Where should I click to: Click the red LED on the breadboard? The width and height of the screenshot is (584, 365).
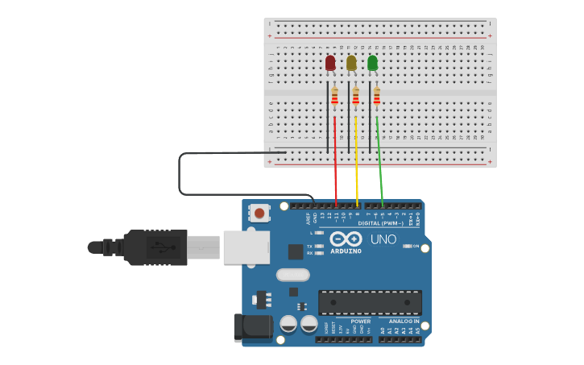[x=330, y=63]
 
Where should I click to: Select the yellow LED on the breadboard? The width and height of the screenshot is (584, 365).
[x=351, y=63]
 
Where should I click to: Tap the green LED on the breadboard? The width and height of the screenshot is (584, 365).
[x=372, y=63]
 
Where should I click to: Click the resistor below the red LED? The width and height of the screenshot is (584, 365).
[x=335, y=97]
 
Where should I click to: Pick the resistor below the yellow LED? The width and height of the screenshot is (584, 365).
[x=356, y=97]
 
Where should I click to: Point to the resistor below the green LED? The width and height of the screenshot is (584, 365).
[x=376, y=97]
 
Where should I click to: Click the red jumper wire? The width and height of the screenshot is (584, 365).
[x=336, y=161]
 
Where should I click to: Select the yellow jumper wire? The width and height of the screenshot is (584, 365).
[x=357, y=161]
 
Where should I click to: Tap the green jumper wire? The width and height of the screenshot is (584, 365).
[x=380, y=161]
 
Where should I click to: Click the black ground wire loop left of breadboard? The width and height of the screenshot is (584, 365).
[x=179, y=173]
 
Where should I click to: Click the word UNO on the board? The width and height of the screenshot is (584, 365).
[x=383, y=239]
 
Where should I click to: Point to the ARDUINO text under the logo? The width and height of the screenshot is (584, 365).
[x=346, y=251]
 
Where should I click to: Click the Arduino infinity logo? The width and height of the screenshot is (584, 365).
[x=346, y=239]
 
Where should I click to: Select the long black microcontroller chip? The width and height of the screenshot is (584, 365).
[x=370, y=302]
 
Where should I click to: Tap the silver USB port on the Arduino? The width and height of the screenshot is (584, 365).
[x=246, y=247]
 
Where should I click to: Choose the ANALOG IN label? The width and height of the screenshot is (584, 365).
[x=400, y=321]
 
